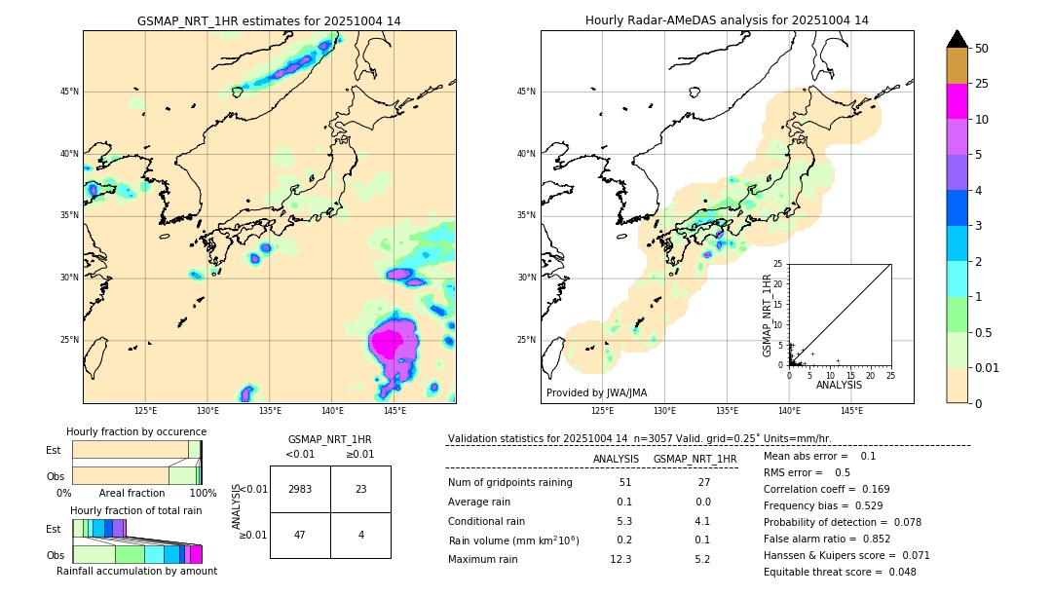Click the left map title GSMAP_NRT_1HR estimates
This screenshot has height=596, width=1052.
pos(269,20)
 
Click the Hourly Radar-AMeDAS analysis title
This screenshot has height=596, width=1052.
pos(727,20)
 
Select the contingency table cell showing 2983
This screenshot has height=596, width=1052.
pos(300,489)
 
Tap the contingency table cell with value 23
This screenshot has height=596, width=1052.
pos(360,489)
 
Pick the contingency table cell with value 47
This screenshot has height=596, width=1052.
pos(300,535)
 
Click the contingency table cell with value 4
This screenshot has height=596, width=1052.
pos(360,535)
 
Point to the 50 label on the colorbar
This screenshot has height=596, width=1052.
pos(982,49)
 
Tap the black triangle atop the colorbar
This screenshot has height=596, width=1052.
pos(958,39)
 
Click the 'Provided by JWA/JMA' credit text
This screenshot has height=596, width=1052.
pos(596,392)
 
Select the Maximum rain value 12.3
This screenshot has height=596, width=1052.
pos(620,559)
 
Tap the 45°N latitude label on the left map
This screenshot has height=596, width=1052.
pos(68,92)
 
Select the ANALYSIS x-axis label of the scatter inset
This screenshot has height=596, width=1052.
pos(839,385)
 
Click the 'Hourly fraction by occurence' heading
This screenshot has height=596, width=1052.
pos(136,431)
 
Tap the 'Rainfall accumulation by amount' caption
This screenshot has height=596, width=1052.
pos(137,572)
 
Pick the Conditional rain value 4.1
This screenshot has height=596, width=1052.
pos(702,521)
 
